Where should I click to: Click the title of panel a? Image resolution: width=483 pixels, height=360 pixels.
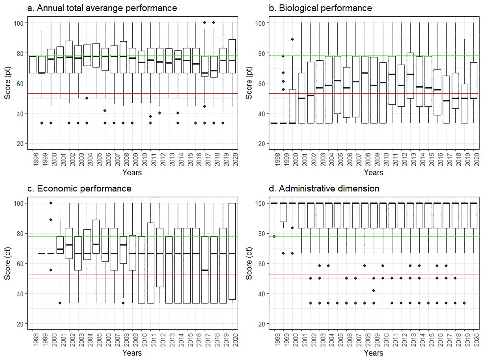[102, 8]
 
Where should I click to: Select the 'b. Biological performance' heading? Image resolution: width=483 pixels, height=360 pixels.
[320, 8]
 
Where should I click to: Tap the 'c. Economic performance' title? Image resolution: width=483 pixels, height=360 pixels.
[79, 188]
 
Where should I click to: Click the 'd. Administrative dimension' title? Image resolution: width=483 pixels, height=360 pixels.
[324, 188]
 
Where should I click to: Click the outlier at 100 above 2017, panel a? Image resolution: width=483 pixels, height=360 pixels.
[205, 22]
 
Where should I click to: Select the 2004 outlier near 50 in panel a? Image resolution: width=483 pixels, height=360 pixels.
[87, 98]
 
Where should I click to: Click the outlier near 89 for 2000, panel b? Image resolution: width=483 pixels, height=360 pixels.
[292, 39]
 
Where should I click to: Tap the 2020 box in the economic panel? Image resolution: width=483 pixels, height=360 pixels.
[232, 251]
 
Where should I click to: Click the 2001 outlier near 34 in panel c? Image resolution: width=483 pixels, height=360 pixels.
[60, 303]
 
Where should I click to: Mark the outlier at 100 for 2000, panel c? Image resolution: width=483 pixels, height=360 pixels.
[51, 203]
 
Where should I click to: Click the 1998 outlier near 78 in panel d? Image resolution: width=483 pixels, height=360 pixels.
[274, 237]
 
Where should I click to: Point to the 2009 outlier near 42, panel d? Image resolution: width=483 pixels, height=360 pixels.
[374, 291]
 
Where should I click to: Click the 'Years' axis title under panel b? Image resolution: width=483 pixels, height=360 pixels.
[373, 173]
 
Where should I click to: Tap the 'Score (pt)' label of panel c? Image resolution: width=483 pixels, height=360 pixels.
[7, 263]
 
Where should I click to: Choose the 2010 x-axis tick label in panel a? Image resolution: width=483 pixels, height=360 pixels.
[145, 160]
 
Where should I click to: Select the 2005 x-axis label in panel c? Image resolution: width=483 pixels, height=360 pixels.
[100, 340]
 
